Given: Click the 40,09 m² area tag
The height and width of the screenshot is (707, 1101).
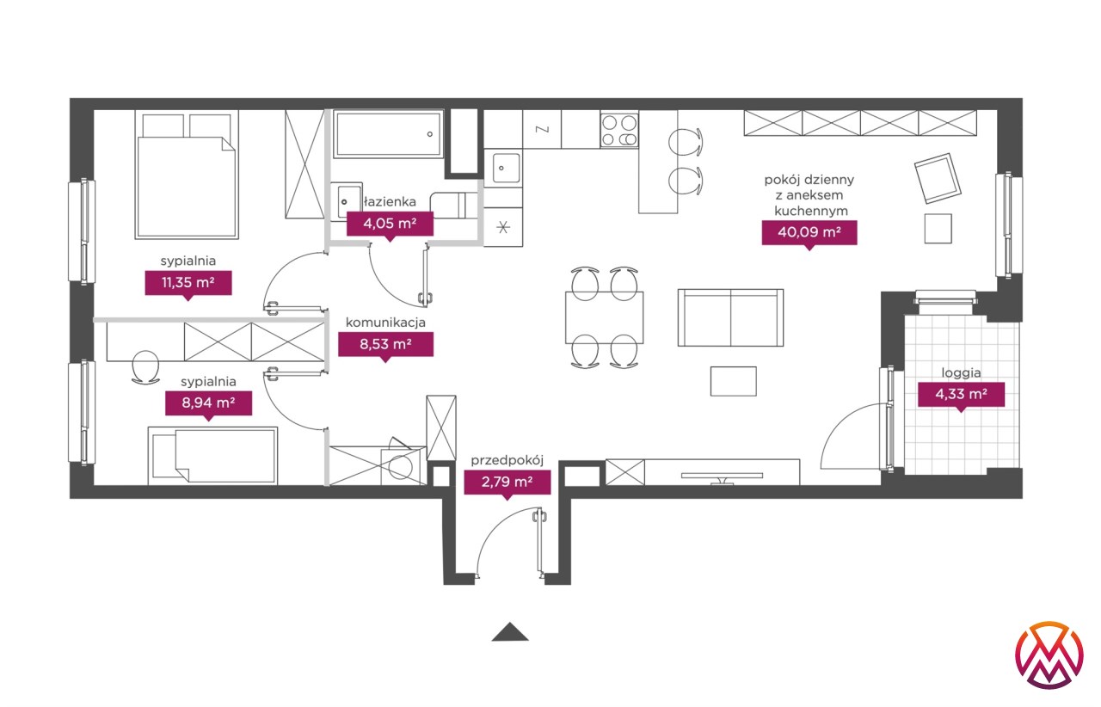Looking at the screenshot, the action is coord(809,232).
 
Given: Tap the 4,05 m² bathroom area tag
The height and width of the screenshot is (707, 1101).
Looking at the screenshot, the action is coord(390,224).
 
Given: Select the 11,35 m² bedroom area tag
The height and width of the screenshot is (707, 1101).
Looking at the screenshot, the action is coord(188,283).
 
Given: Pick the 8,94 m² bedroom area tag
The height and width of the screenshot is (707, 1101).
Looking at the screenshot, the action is coord(208,403).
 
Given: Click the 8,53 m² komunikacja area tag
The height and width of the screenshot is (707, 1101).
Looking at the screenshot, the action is coord(386,344).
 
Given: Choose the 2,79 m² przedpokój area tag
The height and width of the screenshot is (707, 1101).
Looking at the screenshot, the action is coord(507,482).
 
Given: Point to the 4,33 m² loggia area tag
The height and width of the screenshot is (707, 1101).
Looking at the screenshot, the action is coord(962,394).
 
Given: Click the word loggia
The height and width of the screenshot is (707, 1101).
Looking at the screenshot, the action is coord(961,373).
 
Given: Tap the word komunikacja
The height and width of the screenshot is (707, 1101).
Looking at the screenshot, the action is coord(385,323).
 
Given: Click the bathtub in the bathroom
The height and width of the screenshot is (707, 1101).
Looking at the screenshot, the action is coord(388,133).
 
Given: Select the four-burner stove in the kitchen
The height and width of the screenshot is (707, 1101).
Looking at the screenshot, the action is coord(618,130).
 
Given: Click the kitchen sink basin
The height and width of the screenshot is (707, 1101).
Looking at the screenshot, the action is coord(503,168).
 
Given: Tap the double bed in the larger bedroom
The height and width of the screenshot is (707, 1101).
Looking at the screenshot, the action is coord(187,175).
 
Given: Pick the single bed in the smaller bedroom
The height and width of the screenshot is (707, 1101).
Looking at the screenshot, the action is coord(212,456).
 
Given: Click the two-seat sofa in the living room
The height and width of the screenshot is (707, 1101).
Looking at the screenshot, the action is coord(730,317).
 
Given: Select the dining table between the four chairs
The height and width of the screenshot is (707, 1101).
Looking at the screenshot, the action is coord(604,317).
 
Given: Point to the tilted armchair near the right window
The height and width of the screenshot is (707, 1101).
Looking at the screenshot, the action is coord(938,179).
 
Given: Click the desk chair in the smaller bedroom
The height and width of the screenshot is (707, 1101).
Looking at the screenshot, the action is coord(145,367).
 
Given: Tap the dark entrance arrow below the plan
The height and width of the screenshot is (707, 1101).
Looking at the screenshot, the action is coord(510,632).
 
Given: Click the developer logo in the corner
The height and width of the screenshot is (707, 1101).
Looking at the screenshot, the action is coord(1049,655).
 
